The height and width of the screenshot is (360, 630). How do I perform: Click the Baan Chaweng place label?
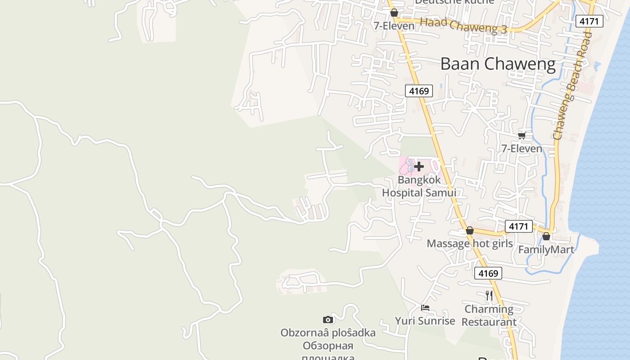(x=498, y=64)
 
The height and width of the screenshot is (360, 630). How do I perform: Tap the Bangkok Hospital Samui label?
(x=419, y=186)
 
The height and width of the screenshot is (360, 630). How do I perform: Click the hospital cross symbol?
(x=419, y=166)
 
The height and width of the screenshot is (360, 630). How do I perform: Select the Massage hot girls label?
(x=469, y=243)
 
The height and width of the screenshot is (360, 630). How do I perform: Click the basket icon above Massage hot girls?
(x=469, y=231)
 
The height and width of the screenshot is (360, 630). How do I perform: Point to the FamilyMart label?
(x=546, y=249)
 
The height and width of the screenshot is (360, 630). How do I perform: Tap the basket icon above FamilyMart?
(x=546, y=236)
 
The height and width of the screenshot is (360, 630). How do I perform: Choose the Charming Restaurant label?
(x=489, y=315)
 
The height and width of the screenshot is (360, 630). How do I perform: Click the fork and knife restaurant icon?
(x=489, y=296)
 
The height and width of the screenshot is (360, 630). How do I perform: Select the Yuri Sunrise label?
(x=425, y=321)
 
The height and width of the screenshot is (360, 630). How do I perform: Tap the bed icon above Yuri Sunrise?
(x=425, y=308)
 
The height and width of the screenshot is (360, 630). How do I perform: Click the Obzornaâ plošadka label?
(x=328, y=333)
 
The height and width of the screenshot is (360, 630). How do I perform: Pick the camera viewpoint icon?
(x=328, y=319)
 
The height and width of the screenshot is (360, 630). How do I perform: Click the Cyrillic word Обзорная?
(x=328, y=346)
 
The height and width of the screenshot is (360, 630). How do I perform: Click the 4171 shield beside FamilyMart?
(x=518, y=226)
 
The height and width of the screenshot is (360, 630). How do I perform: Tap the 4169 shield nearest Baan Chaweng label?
(x=418, y=91)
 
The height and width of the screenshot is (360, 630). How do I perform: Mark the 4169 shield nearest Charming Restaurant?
(x=488, y=273)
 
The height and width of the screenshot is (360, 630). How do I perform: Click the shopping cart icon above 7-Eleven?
(x=522, y=135)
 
